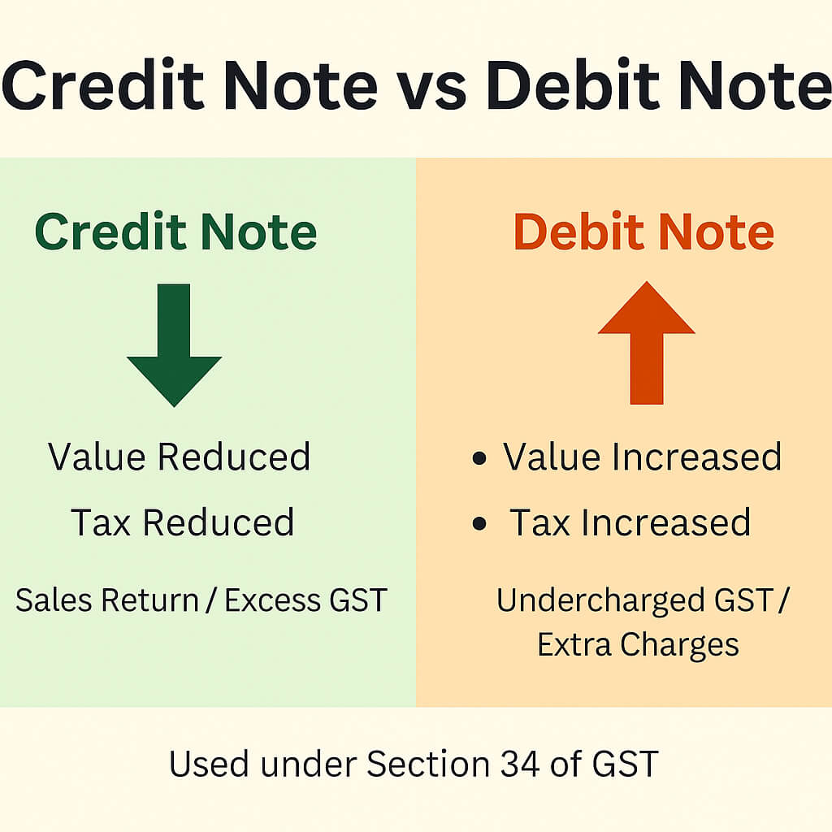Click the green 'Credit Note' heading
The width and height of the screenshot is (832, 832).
tap(175, 232)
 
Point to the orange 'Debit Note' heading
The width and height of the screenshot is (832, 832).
tap(644, 232)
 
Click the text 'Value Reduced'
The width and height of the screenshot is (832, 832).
tap(179, 457)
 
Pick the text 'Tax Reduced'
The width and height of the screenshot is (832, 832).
tap(182, 522)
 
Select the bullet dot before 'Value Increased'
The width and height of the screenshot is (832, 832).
tap(479, 458)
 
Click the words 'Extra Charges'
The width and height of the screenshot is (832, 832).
tap(638, 645)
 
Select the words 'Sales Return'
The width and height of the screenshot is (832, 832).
tap(106, 601)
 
